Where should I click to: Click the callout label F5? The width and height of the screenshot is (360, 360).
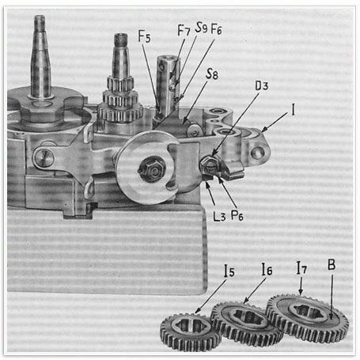(x=145, y=36)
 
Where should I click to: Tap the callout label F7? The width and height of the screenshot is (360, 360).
(x=184, y=30)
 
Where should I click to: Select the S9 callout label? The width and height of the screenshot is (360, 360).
(x=201, y=28)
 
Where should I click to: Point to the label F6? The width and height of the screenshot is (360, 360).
(x=216, y=28)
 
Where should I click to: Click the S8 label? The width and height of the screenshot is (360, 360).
(x=212, y=74)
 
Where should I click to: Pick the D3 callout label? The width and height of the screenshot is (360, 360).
(x=262, y=85)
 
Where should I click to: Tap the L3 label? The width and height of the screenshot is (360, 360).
(x=219, y=216)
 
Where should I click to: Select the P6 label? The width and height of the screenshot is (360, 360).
(x=237, y=215)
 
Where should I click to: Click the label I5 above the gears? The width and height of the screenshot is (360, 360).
(x=229, y=271)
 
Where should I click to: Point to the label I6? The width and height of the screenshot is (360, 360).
(x=267, y=269)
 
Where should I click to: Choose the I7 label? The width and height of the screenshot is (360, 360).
(x=301, y=267)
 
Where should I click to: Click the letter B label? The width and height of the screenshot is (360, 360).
(x=332, y=265)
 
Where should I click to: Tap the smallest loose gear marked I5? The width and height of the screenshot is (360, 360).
(x=191, y=333)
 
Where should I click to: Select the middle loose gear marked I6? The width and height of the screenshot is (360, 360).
(x=247, y=324)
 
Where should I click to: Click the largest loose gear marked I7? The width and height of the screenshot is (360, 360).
(x=307, y=318)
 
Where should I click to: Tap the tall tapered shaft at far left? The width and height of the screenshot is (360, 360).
(x=40, y=57)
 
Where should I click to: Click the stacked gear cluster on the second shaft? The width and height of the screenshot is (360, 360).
(x=120, y=101)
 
